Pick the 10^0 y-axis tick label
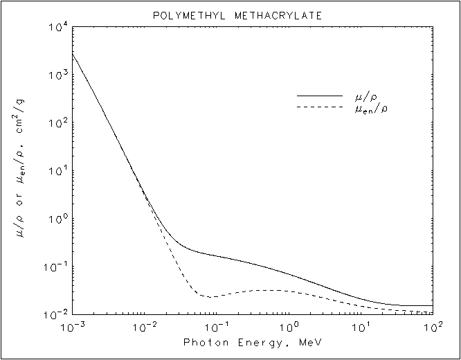[x=58, y=219]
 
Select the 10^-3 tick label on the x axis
[x=72, y=325]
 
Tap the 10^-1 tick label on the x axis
[x=217, y=325]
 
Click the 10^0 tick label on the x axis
[x=290, y=325]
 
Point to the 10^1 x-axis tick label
[x=362, y=325]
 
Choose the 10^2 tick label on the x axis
[x=433, y=325]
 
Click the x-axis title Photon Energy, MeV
[x=253, y=343]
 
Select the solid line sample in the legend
[x=320, y=95]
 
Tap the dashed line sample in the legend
[x=320, y=107]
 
